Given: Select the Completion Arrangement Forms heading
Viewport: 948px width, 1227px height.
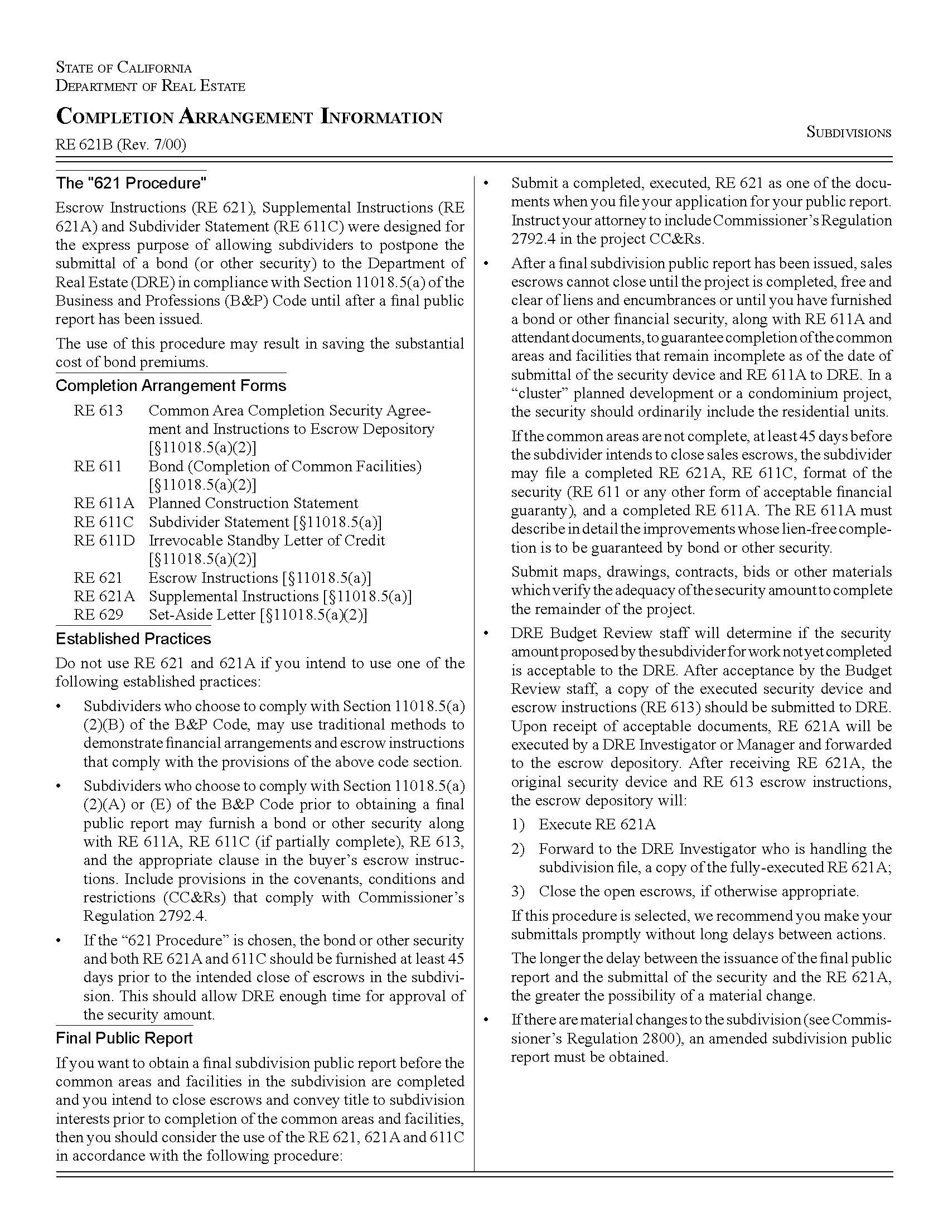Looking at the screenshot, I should (171, 386).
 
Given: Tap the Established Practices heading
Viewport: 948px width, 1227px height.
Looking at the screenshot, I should (133, 639).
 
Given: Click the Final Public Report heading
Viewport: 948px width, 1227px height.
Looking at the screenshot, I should (124, 1038).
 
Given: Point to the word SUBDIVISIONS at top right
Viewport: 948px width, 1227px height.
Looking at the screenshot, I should (849, 133).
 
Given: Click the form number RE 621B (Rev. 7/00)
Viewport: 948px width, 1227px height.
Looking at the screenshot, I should (121, 145).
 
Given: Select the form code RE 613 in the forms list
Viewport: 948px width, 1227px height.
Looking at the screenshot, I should (98, 410).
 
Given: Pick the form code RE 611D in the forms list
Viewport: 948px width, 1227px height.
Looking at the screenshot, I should (104, 540).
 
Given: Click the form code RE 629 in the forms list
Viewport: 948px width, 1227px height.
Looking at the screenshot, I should (98, 615).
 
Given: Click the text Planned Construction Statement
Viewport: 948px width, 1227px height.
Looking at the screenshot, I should (253, 504).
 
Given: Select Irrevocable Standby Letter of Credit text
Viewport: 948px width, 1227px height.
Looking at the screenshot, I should (267, 540).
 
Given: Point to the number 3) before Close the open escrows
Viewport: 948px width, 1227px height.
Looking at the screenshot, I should (518, 891).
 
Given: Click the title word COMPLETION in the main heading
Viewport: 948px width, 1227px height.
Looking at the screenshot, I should (114, 117).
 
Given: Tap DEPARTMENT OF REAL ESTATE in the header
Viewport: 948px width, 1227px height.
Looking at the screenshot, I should (151, 86).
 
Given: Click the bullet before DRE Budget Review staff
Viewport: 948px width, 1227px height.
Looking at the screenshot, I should (486, 634).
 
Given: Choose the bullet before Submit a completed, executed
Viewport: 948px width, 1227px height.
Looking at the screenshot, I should (486, 183).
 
